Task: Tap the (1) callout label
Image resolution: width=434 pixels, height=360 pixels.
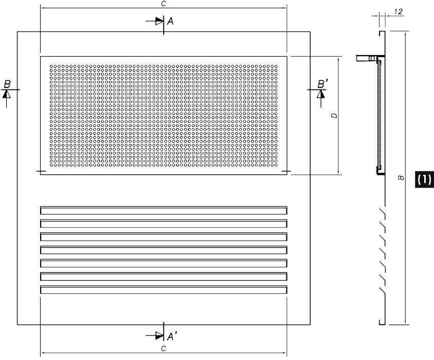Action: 424,179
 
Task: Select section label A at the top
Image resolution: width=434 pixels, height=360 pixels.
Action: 171,21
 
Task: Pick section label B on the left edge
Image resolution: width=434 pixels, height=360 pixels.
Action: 7,84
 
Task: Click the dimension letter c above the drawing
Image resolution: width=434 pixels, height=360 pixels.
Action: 163,3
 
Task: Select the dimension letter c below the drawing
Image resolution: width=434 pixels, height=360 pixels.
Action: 163,349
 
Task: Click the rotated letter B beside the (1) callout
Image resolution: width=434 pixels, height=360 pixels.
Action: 401,178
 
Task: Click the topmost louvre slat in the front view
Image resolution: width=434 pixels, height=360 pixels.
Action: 163,210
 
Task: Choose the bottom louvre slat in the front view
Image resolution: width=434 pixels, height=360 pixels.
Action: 163,291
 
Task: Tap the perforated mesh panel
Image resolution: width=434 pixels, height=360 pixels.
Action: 163,115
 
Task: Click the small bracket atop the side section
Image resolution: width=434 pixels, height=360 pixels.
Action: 366,59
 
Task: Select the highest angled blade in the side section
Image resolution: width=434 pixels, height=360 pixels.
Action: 382,211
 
